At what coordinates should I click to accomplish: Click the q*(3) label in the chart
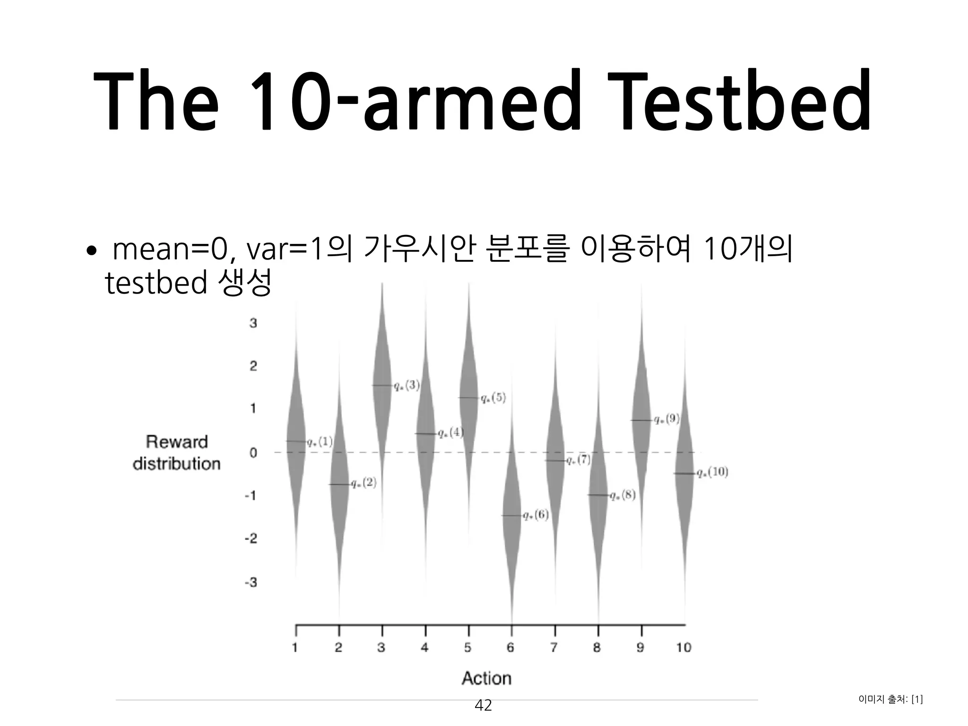click(406, 386)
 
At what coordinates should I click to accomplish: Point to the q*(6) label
click(536, 515)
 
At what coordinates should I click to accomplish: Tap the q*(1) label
click(320, 442)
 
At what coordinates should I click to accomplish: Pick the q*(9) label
click(666, 419)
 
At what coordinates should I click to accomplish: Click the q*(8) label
click(622, 495)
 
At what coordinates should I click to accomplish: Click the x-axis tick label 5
click(468, 648)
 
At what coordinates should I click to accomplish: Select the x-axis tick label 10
click(684, 648)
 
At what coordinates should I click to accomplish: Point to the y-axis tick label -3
click(251, 582)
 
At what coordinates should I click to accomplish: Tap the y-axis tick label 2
click(253, 366)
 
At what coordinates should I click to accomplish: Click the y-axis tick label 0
click(253, 453)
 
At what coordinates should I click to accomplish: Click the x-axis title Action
click(486, 678)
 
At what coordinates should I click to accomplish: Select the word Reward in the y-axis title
click(177, 442)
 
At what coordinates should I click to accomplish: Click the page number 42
click(483, 706)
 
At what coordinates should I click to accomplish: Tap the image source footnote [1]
click(916, 700)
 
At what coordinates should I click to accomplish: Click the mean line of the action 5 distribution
click(468, 398)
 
